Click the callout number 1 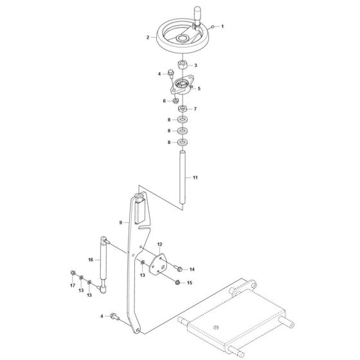(222, 26)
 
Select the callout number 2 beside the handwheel (148, 38)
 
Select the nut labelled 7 (183, 109)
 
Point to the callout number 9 (120, 222)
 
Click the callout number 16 (91, 260)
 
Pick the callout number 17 (72, 284)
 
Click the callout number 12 (159, 244)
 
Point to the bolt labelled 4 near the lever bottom (114, 316)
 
